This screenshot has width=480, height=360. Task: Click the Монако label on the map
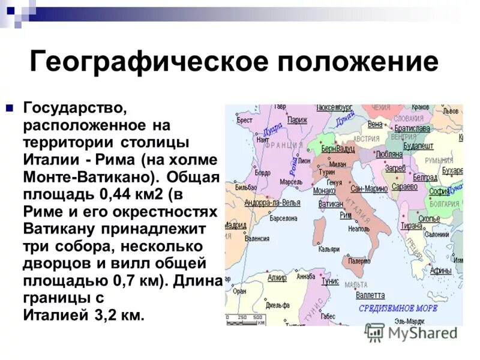coord(324,190)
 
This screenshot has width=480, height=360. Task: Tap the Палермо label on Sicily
coord(359,261)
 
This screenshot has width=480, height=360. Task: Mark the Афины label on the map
coord(441,270)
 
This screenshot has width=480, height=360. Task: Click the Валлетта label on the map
coord(370,295)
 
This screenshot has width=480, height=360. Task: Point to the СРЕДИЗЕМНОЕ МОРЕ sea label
coord(398,308)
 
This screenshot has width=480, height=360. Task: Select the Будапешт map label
coord(418,145)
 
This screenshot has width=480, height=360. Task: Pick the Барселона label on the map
coord(284,218)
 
